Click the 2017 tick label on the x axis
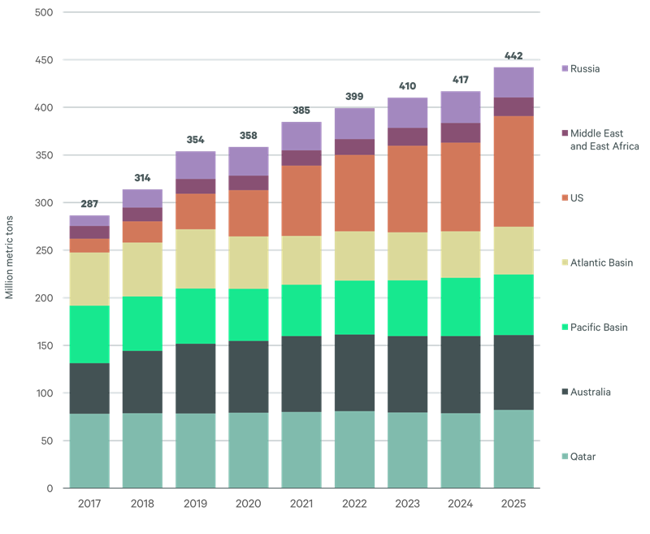(89, 504)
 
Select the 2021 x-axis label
(301, 504)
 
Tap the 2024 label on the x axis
(461, 504)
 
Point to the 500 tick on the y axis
(45, 12)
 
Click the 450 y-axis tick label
(45, 60)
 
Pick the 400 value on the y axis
(45, 107)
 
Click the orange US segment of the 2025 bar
(513, 171)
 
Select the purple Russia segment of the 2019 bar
(196, 165)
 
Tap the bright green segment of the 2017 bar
(89, 333)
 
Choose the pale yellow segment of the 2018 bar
(142, 269)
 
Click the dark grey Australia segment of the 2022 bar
(354, 372)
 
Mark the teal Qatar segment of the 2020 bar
(249, 449)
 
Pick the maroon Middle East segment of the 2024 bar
(461, 132)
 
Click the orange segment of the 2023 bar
(407, 189)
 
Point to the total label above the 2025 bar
(513, 55)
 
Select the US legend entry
(576, 198)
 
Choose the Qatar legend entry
(583, 458)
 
